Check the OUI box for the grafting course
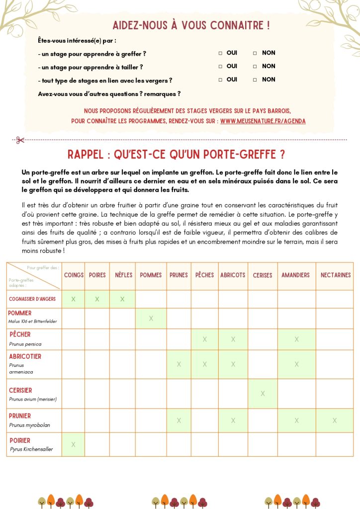click(x=220, y=53)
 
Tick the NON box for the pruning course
click(x=255, y=67)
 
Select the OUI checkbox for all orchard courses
click(x=220, y=80)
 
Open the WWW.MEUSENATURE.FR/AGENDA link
click(x=263, y=121)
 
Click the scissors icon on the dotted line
click(x=20, y=140)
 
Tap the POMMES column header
click(x=151, y=275)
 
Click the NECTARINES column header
click(x=336, y=275)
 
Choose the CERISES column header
click(x=263, y=275)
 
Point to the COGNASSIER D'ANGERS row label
click(x=32, y=299)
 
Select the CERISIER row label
click(x=20, y=390)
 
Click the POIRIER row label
click(x=19, y=440)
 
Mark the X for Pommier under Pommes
click(x=151, y=318)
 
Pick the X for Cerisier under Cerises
click(x=263, y=394)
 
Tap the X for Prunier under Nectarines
click(x=335, y=421)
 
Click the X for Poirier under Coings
click(x=73, y=444)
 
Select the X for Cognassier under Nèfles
click(x=122, y=299)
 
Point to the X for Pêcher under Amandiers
click(x=296, y=339)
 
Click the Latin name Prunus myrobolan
click(x=29, y=425)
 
